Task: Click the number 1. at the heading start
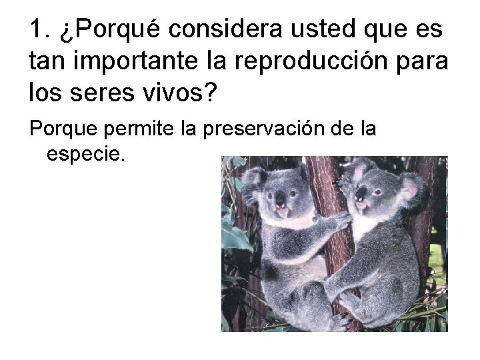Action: (x=39, y=30)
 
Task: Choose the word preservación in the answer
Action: (x=261, y=128)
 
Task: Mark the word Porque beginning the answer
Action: (x=61, y=128)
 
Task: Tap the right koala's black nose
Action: (x=360, y=195)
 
